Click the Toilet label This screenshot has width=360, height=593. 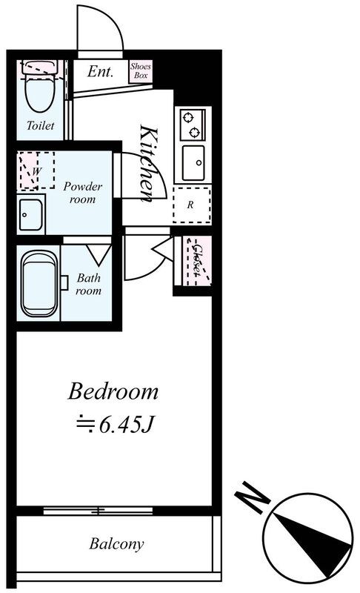pos(40,125)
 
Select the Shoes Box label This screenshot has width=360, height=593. pos(141,70)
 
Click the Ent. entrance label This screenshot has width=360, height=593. pos(100,71)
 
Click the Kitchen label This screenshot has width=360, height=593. pos(148,163)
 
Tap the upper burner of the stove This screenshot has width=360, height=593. pos(187,118)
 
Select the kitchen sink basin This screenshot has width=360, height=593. pos(193,163)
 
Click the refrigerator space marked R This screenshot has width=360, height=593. pos(192,205)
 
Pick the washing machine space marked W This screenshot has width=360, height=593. pos(36,170)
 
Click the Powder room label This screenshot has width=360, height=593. pos(82,193)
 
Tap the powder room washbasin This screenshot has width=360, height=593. pos(30,214)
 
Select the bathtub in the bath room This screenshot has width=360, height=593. pos(39,283)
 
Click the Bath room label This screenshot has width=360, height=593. pos(88,284)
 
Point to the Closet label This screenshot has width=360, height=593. pos(197,260)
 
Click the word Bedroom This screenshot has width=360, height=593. pos(113,392)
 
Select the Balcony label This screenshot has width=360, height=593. pos(116,544)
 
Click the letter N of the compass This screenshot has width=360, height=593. pos(252,497)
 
